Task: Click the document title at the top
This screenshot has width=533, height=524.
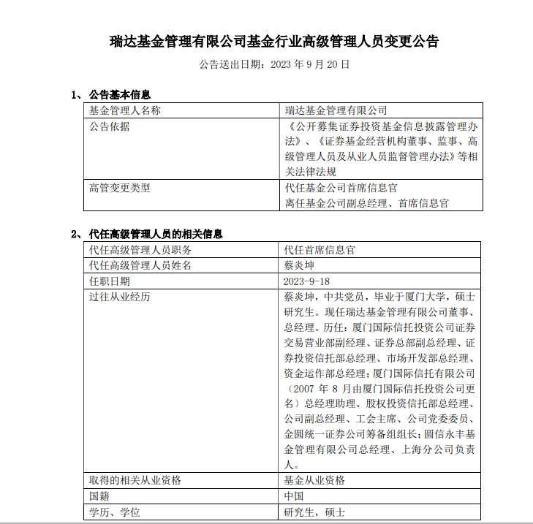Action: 274,41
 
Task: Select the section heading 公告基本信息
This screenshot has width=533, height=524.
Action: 118,95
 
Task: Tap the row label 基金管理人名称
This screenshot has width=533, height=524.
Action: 124,110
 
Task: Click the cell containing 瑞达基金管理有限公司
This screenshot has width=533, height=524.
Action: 336,110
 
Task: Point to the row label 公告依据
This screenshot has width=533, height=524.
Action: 109,126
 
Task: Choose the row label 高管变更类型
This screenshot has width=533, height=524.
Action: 119,188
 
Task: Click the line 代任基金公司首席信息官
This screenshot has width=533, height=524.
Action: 341,188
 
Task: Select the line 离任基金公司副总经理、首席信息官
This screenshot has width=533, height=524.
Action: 366,203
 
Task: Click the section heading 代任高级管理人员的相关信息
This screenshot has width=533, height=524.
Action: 155,235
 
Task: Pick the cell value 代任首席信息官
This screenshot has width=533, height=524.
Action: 320,250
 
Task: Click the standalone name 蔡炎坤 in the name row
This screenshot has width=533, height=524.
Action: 298,265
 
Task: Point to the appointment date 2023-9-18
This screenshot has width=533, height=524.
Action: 306,281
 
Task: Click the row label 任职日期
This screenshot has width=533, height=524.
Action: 109,281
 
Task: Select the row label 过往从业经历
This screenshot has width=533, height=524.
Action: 119,297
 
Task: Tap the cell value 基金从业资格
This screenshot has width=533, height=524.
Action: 314,480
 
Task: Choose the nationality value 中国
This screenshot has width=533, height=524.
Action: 293,496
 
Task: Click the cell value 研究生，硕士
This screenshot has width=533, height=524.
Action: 314,512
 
